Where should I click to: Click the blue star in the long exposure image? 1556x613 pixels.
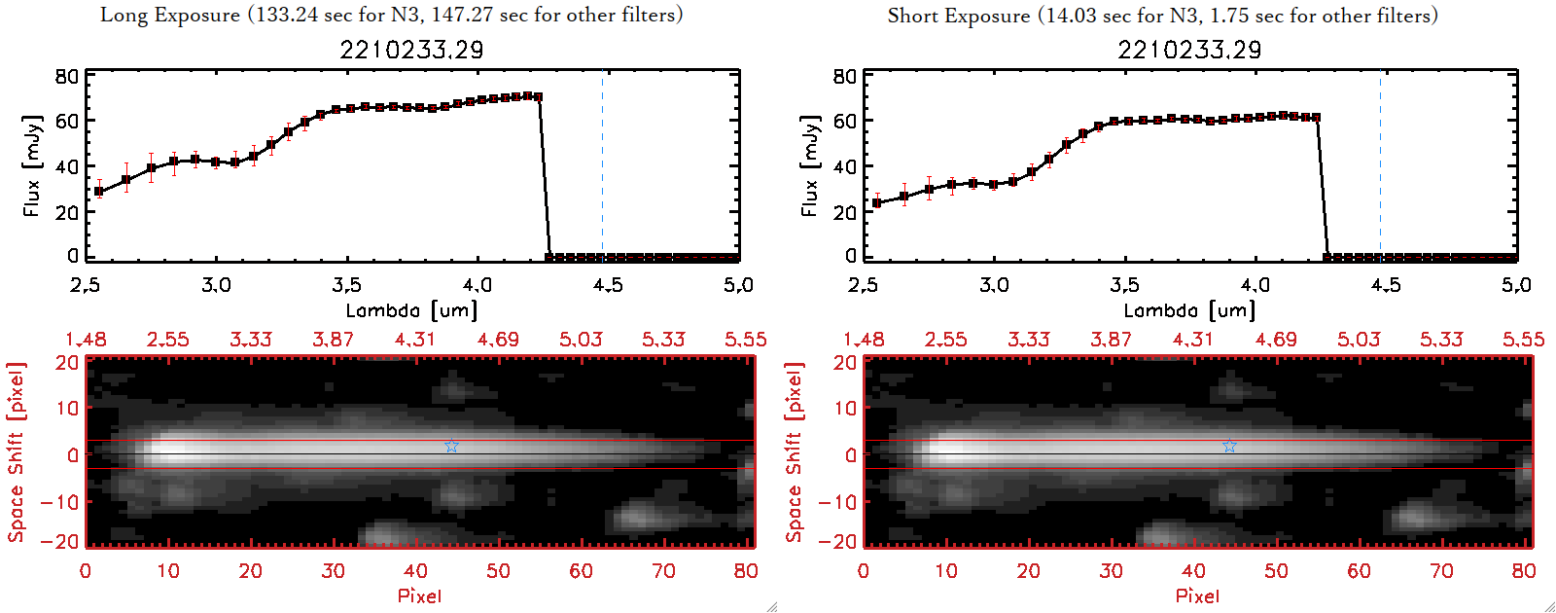(x=451, y=446)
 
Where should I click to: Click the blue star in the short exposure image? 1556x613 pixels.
(x=1229, y=446)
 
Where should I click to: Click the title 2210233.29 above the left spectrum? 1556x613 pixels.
(x=411, y=50)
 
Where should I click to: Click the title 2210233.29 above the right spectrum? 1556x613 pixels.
(x=1189, y=50)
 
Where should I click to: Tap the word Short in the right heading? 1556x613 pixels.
(x=912, y=16)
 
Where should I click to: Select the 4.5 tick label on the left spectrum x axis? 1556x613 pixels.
(x=608, y=285)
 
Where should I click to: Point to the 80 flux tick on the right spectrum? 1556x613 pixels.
(x=844, y=77)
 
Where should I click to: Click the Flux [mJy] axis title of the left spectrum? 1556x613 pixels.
(x=32, y=166)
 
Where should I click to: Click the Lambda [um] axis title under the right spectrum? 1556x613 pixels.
(x=1189, y=310)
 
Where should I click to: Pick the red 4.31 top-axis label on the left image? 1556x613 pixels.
(x=415, y=340)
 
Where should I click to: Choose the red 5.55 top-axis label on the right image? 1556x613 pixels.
(x=1523, y=340)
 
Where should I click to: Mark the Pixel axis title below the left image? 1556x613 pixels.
(x=419, y=595)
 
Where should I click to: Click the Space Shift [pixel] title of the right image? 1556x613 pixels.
(x=795, y=452)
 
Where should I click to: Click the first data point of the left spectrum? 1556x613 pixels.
(x=99, y=192)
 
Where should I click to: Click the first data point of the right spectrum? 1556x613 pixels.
(x=877, y=202)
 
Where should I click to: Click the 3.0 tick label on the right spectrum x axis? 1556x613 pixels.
(x=994, y=285)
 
